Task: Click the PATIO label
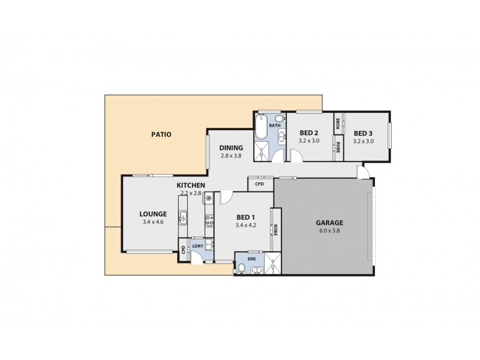click(161, 135)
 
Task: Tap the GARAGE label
click(329, 222)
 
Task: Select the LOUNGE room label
click(153, 214)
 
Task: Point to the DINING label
click(231, 148)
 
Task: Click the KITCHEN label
click(191, 185)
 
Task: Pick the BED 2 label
click(308, 133)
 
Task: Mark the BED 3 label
click(364, 133)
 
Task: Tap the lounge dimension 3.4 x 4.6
click(153, 222)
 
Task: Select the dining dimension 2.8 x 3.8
click(231, 155)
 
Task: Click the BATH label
click(275, 126)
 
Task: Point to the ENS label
click(251, 259)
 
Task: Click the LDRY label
click(197, 246)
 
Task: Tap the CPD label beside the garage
click(259, 184)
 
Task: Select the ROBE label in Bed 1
click(276, 230)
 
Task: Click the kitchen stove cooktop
click(210, 221)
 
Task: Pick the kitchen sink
click(184, 218)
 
